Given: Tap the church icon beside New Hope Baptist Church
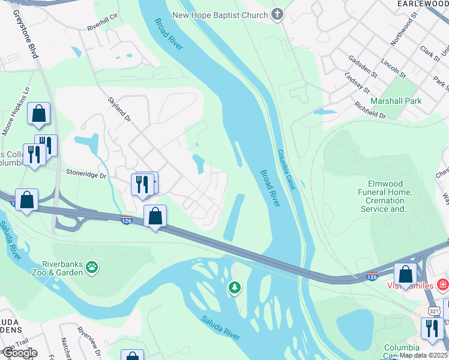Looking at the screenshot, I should pyautogui.click(x=277, y=14).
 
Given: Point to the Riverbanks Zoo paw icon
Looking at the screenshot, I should pyautogui.click(x=91, y=266).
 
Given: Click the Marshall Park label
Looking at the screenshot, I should pyautogui.click(x=396, y=101).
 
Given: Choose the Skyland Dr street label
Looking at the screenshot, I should pyautogui.click(x=119, y=110).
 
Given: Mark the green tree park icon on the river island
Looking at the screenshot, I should pyautogui.click(x=234, y=289).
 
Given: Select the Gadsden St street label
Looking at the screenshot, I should pyautogui.click(x=362, y=67).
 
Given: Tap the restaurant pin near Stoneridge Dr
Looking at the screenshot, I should pyautogui.click(x=142, y=184).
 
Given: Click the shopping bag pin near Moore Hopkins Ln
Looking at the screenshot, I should pyautogui.click(x=38, y=114).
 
